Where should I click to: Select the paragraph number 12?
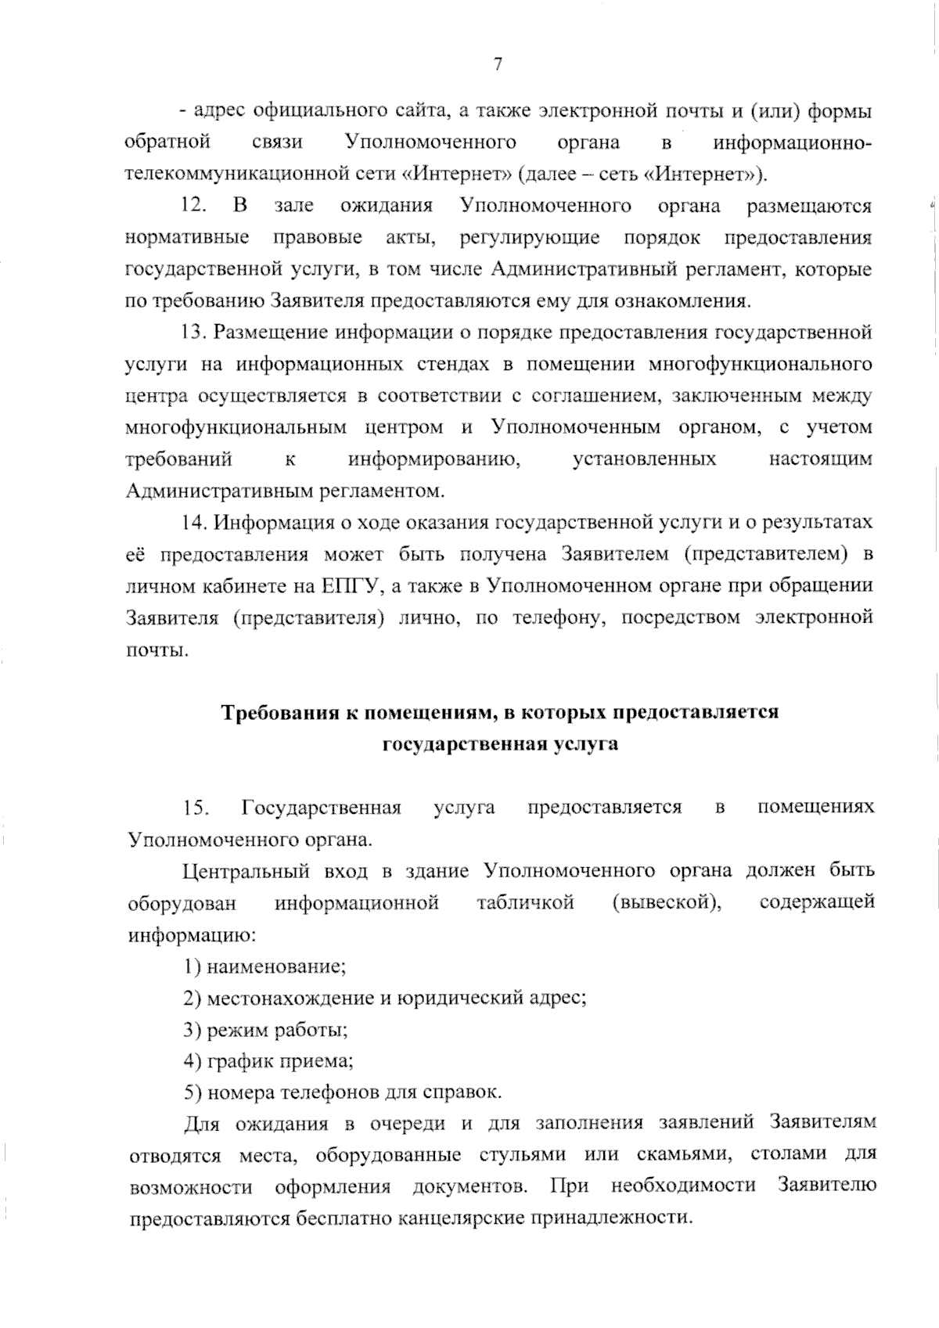(x=193, y=206)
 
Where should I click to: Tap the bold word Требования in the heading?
(x=278, y=713)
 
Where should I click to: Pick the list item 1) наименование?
(x=264, y=966)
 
